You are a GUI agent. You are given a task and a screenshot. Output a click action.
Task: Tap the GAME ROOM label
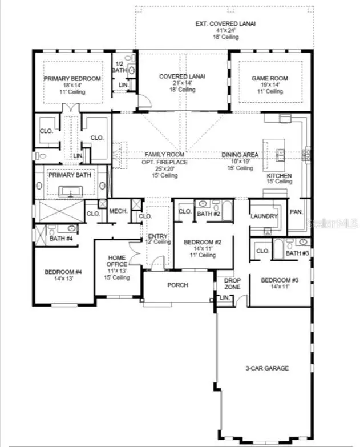[x=270, y=79]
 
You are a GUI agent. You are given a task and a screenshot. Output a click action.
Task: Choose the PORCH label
[x=177, y=285]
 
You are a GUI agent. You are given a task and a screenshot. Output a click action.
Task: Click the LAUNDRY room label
[x=264, y=216]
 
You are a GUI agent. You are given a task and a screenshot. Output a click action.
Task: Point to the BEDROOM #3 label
[x=281, y=280]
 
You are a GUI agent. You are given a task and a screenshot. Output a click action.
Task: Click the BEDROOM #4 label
[x=63, y=272]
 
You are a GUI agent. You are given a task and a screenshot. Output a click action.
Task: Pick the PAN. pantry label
[x=296, y=212]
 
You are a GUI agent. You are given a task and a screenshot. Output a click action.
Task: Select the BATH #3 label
[x=297, y=253]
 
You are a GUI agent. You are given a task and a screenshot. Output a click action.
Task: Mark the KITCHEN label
[x=279, y=176]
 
